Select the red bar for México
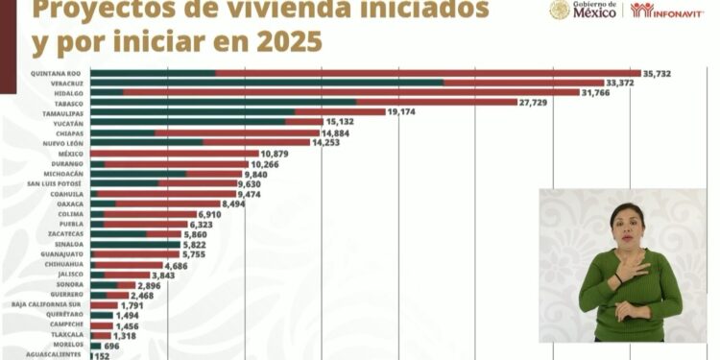[x=173, y=154]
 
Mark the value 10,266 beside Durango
[x=266, y=164]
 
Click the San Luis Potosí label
[x=55, y=183]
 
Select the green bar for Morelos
[x=95, y=346]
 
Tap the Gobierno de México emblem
[x=561, y=11]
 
